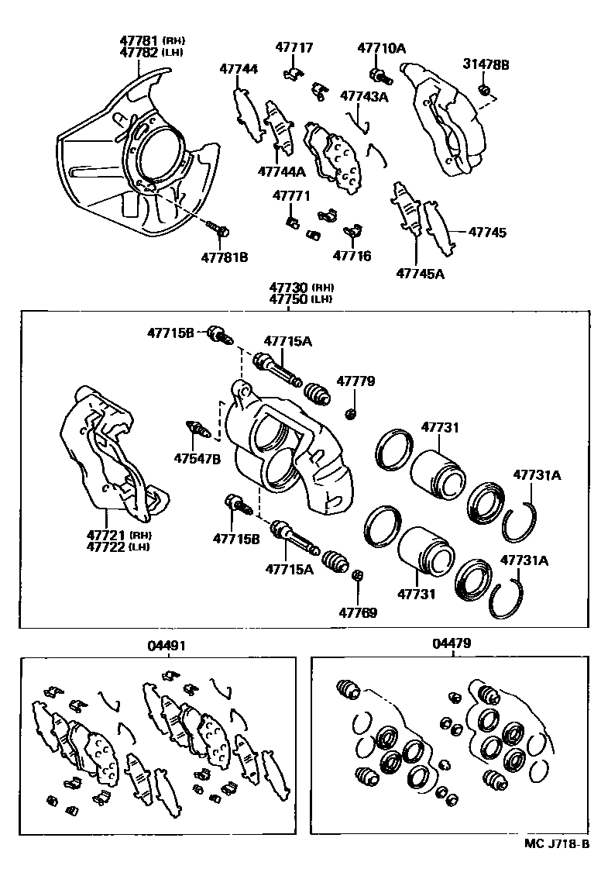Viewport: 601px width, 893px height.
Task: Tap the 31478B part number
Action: coord(486,64)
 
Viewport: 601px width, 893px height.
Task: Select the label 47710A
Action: coord(381,48)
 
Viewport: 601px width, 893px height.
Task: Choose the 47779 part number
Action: coord(355,381)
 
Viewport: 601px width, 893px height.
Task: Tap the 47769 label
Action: coord(359,612)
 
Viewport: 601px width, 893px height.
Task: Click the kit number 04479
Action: coord(452,643)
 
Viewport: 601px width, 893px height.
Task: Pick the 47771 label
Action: coord(290,196)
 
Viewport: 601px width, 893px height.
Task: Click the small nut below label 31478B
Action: coord(485,91)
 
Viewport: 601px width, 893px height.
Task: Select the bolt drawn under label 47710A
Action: coord(379,75)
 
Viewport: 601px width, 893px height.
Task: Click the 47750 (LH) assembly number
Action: coord(299,299)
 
